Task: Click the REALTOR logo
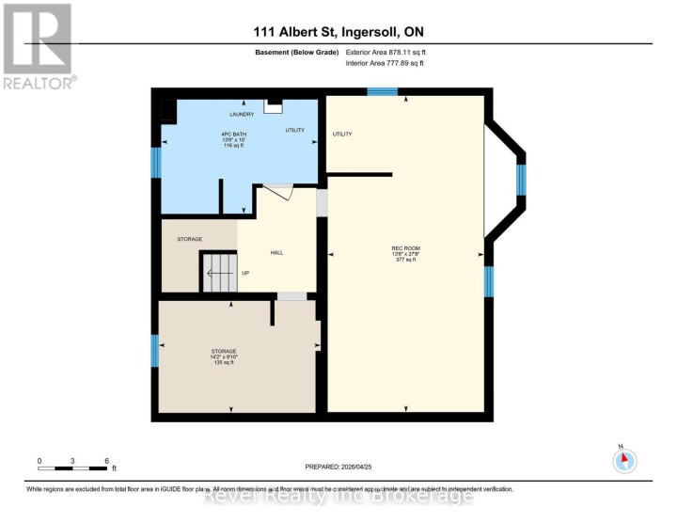pos(38,45)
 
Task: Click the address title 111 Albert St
pos(338,32)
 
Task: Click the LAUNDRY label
pos(242,115)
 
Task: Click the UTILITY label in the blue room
pos(294,130)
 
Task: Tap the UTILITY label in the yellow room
pos(342,135)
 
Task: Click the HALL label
pos(276,252)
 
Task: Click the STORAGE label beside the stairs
pos(190,239)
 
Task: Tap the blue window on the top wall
pos(382,91)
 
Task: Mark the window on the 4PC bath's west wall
pos(156,162)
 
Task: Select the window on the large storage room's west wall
pos(155,351)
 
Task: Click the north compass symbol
pos(624,461)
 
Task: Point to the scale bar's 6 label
pos(107,461)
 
